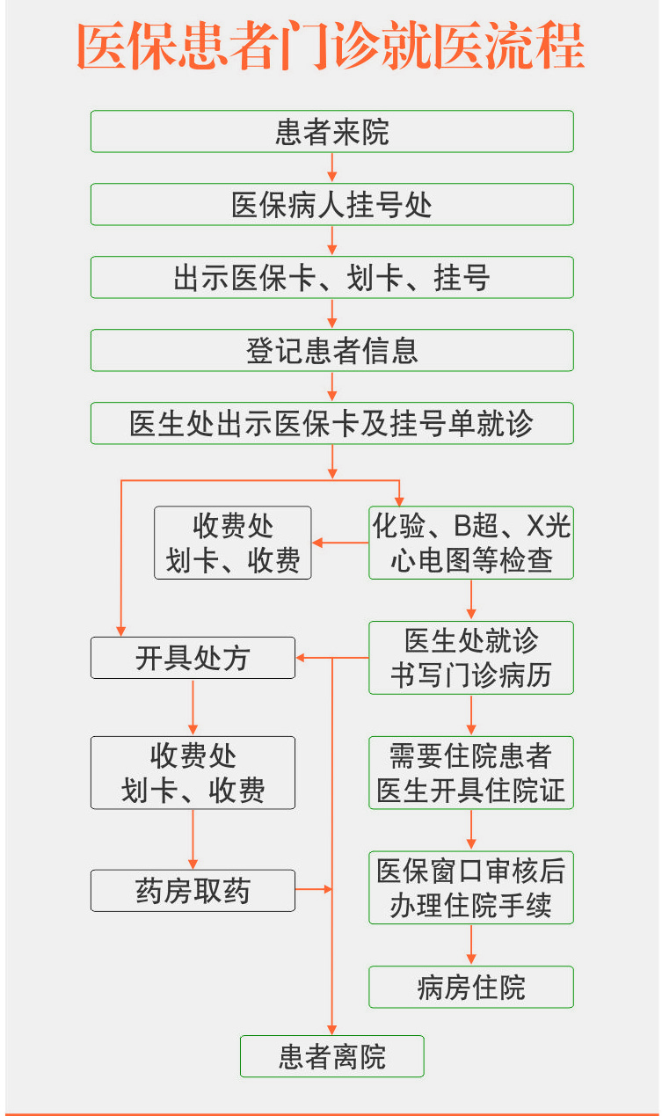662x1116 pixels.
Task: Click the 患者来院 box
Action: click(x=331, y=131)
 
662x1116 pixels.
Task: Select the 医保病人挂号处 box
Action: click(x=331, y=204)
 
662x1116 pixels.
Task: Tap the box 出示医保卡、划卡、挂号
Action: click(x=331, y=277)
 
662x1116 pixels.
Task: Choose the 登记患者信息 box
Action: click(x=331, y=350)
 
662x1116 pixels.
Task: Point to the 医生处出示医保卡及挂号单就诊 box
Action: click(x=331, y=423)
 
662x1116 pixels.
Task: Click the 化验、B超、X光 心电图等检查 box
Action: click(x=470, y=543)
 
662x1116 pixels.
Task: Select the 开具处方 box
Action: click(x=193, y=658)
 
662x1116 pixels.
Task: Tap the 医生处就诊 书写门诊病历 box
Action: click(x=470, y=658)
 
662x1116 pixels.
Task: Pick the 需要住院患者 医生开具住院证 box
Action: click(x=470, y=773)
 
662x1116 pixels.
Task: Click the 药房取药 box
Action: click(x=193, y=891)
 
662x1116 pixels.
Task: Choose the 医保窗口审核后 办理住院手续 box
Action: click(x=470, y=888)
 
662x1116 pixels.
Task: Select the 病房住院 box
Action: click(x=470, y=987)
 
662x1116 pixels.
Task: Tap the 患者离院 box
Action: click(x=331, y=1056)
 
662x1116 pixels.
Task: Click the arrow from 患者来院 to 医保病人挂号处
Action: click(x=331, y=167)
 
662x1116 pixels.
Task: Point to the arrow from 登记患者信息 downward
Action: click(x=331, y=386)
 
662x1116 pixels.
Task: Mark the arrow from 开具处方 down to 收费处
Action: click(x=193, y=707)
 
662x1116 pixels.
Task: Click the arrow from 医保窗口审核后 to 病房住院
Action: click(x=470, y=945)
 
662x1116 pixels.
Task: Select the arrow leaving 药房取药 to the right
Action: click(x=313, y=890)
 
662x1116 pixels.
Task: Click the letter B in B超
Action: click(x=462, y=526)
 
